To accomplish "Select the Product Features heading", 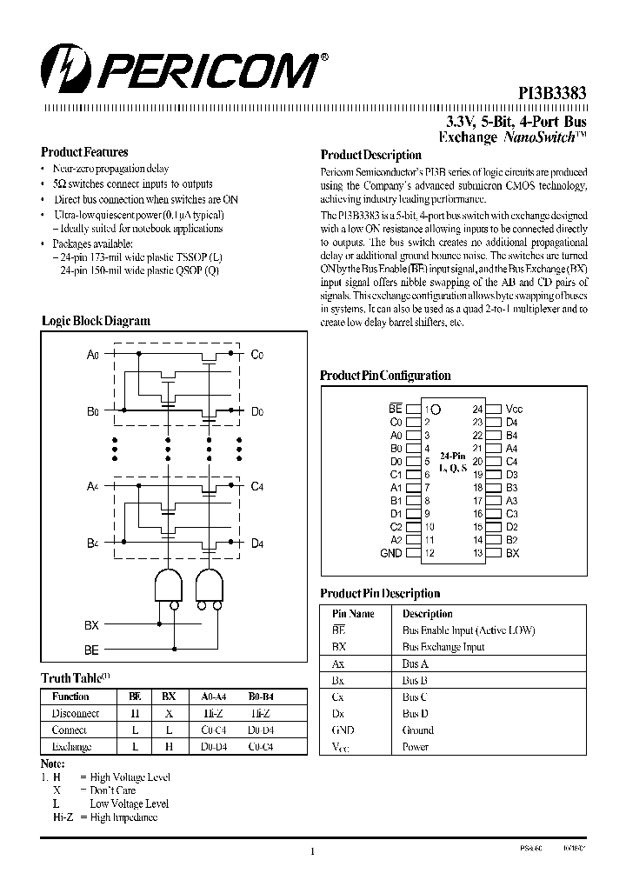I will [84, 152].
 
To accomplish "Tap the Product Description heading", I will [370, 155].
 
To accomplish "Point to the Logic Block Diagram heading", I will [96, 321].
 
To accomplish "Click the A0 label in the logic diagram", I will [93, 354].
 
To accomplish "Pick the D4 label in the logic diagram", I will [256, 543].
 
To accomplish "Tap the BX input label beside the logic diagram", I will [91, 625].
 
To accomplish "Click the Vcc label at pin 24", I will [514, 409].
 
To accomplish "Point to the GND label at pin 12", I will [391, 553].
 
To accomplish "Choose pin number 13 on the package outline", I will [477, 553].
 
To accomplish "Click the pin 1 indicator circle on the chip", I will [436, 409].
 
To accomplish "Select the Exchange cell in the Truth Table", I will [71, 747].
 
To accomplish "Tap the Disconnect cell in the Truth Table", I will [76, 713].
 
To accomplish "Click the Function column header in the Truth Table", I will [70, 697].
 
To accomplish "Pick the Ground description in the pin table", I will [417, 730].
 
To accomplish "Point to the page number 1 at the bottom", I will [311, 852].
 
